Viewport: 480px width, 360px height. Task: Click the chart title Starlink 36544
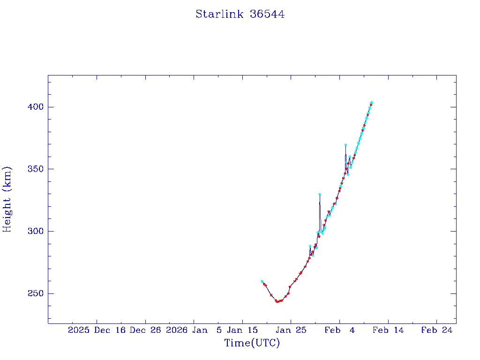(240, 14)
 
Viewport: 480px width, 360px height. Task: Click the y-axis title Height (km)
(7, 199)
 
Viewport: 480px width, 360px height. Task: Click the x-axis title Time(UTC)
(252, 343)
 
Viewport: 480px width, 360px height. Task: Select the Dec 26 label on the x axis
(145, 330)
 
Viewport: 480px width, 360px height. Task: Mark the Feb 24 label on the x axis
(436, 330)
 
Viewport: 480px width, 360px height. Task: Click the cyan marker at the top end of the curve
(371, 102)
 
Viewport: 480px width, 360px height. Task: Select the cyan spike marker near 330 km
(319, 194)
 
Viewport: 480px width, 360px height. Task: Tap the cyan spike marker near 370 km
(345, 145)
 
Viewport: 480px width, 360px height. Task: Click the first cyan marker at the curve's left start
(262, 281)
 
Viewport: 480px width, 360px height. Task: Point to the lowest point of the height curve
(277, 301)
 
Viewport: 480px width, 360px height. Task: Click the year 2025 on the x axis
(78, 330)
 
